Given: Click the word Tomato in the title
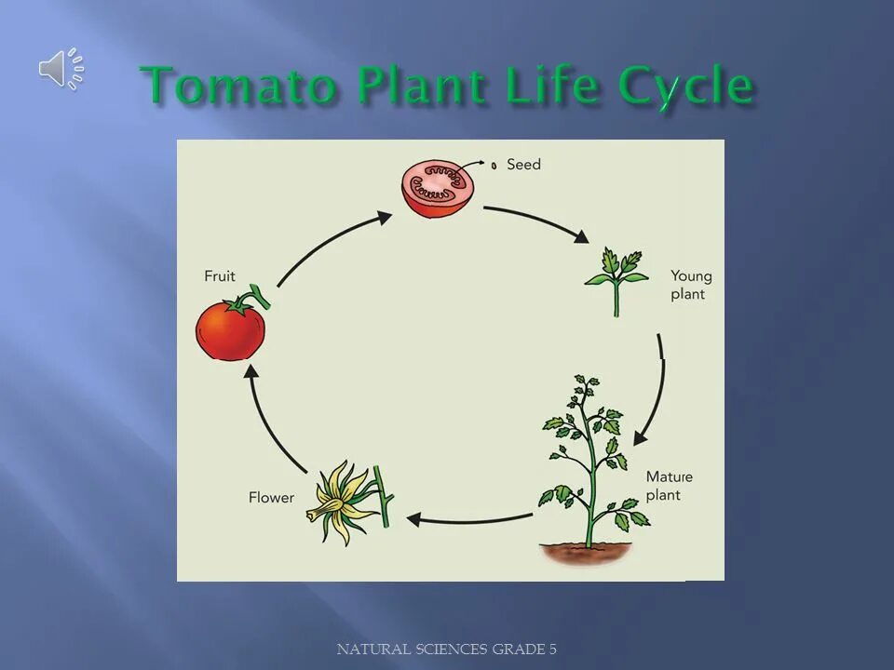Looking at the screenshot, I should click(238, 87).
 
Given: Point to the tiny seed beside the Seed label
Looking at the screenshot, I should click(494, 165).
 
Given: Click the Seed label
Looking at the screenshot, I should click(523, 165).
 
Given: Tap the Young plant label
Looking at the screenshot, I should click(691, 285).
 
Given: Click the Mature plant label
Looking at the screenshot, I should click(669, 486).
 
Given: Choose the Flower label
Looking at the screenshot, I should click(271, 498).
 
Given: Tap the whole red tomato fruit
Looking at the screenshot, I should click(230, 329).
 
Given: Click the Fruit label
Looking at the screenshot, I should click(220, 276).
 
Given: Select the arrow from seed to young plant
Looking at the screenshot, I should click(538, 221).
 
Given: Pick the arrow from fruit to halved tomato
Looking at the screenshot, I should click(331, 245).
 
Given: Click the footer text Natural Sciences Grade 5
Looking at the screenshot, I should click(446, 649).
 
